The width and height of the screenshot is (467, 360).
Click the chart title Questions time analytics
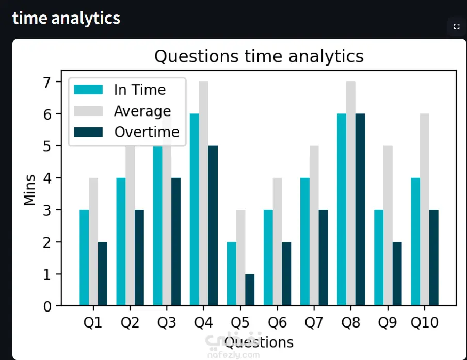(259, 56)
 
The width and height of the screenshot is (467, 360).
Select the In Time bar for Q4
(194, 210)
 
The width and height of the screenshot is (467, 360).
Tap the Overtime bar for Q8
(360, 210)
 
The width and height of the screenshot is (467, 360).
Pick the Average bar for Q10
(425, 210)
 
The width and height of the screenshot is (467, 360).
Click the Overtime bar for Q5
(250, 290)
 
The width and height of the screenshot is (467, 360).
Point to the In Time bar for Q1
(84, 258)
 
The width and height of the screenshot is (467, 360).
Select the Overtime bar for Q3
(176, 242)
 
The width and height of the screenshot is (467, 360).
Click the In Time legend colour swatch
(88, 90)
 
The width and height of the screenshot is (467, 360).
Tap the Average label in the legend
(142, 111)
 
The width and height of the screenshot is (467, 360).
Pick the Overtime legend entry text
(147, 132)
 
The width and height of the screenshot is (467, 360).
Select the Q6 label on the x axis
(277, 323)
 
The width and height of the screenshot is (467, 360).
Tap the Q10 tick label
(425, 323)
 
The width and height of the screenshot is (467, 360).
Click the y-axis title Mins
(30, 189)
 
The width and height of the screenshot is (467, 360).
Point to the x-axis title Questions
(259, 342)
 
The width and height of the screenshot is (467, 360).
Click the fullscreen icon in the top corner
(456, 27)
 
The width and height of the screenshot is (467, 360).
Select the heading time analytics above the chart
(66, 18)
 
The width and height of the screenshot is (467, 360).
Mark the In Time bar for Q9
(379, 258)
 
